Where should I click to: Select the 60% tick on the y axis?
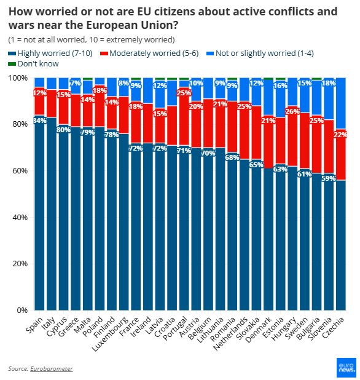(21, 170)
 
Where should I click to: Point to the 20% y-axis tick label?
(21, 263)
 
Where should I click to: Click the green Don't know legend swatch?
(12, 64)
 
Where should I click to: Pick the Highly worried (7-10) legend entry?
(52, 53)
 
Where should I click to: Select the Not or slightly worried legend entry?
(262, 53)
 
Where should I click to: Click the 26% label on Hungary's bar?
(293, 111)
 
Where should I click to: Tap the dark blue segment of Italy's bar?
(52, 215)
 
